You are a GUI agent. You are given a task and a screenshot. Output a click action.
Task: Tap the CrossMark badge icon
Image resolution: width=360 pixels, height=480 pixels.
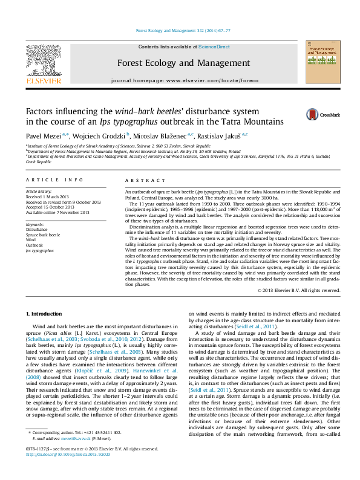[x=312, y=114]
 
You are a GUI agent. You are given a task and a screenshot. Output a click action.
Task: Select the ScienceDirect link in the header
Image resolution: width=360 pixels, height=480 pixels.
[x=214, y=47]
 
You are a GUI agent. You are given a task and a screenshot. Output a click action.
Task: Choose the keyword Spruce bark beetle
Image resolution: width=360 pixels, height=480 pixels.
[x=43, y=235]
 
